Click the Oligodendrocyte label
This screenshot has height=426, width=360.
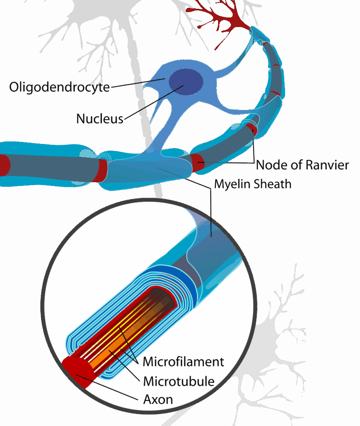pyautogui.click(x=60, y=87)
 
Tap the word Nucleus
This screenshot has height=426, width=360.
pyautogui.click(x=100, y=119)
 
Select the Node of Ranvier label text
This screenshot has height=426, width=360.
pyautogui.click(x=302, y=165)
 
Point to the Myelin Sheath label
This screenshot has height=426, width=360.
pyautogui.click(x=253, y=184)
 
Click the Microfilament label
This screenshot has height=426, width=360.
pyautogui.click(x=183, y=362)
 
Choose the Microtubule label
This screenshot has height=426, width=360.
pyautogui.click(x=179, y=381)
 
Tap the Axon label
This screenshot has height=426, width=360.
pyautogui.click(x=158, y=400)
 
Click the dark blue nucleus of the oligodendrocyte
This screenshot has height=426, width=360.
pyautogui.click(x=186, y=82)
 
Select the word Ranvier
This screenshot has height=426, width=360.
pyautogui.click(x=328, y=165)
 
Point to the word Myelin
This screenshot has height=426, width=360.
pyautogui.click(x=231, y=184)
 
